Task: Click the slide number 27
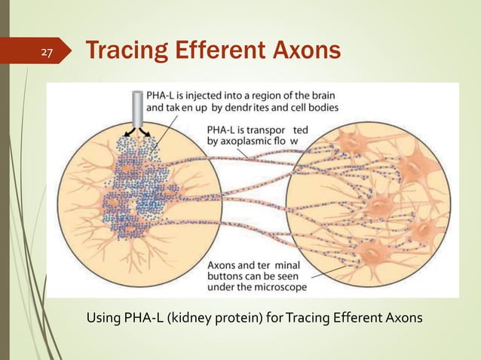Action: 47,53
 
